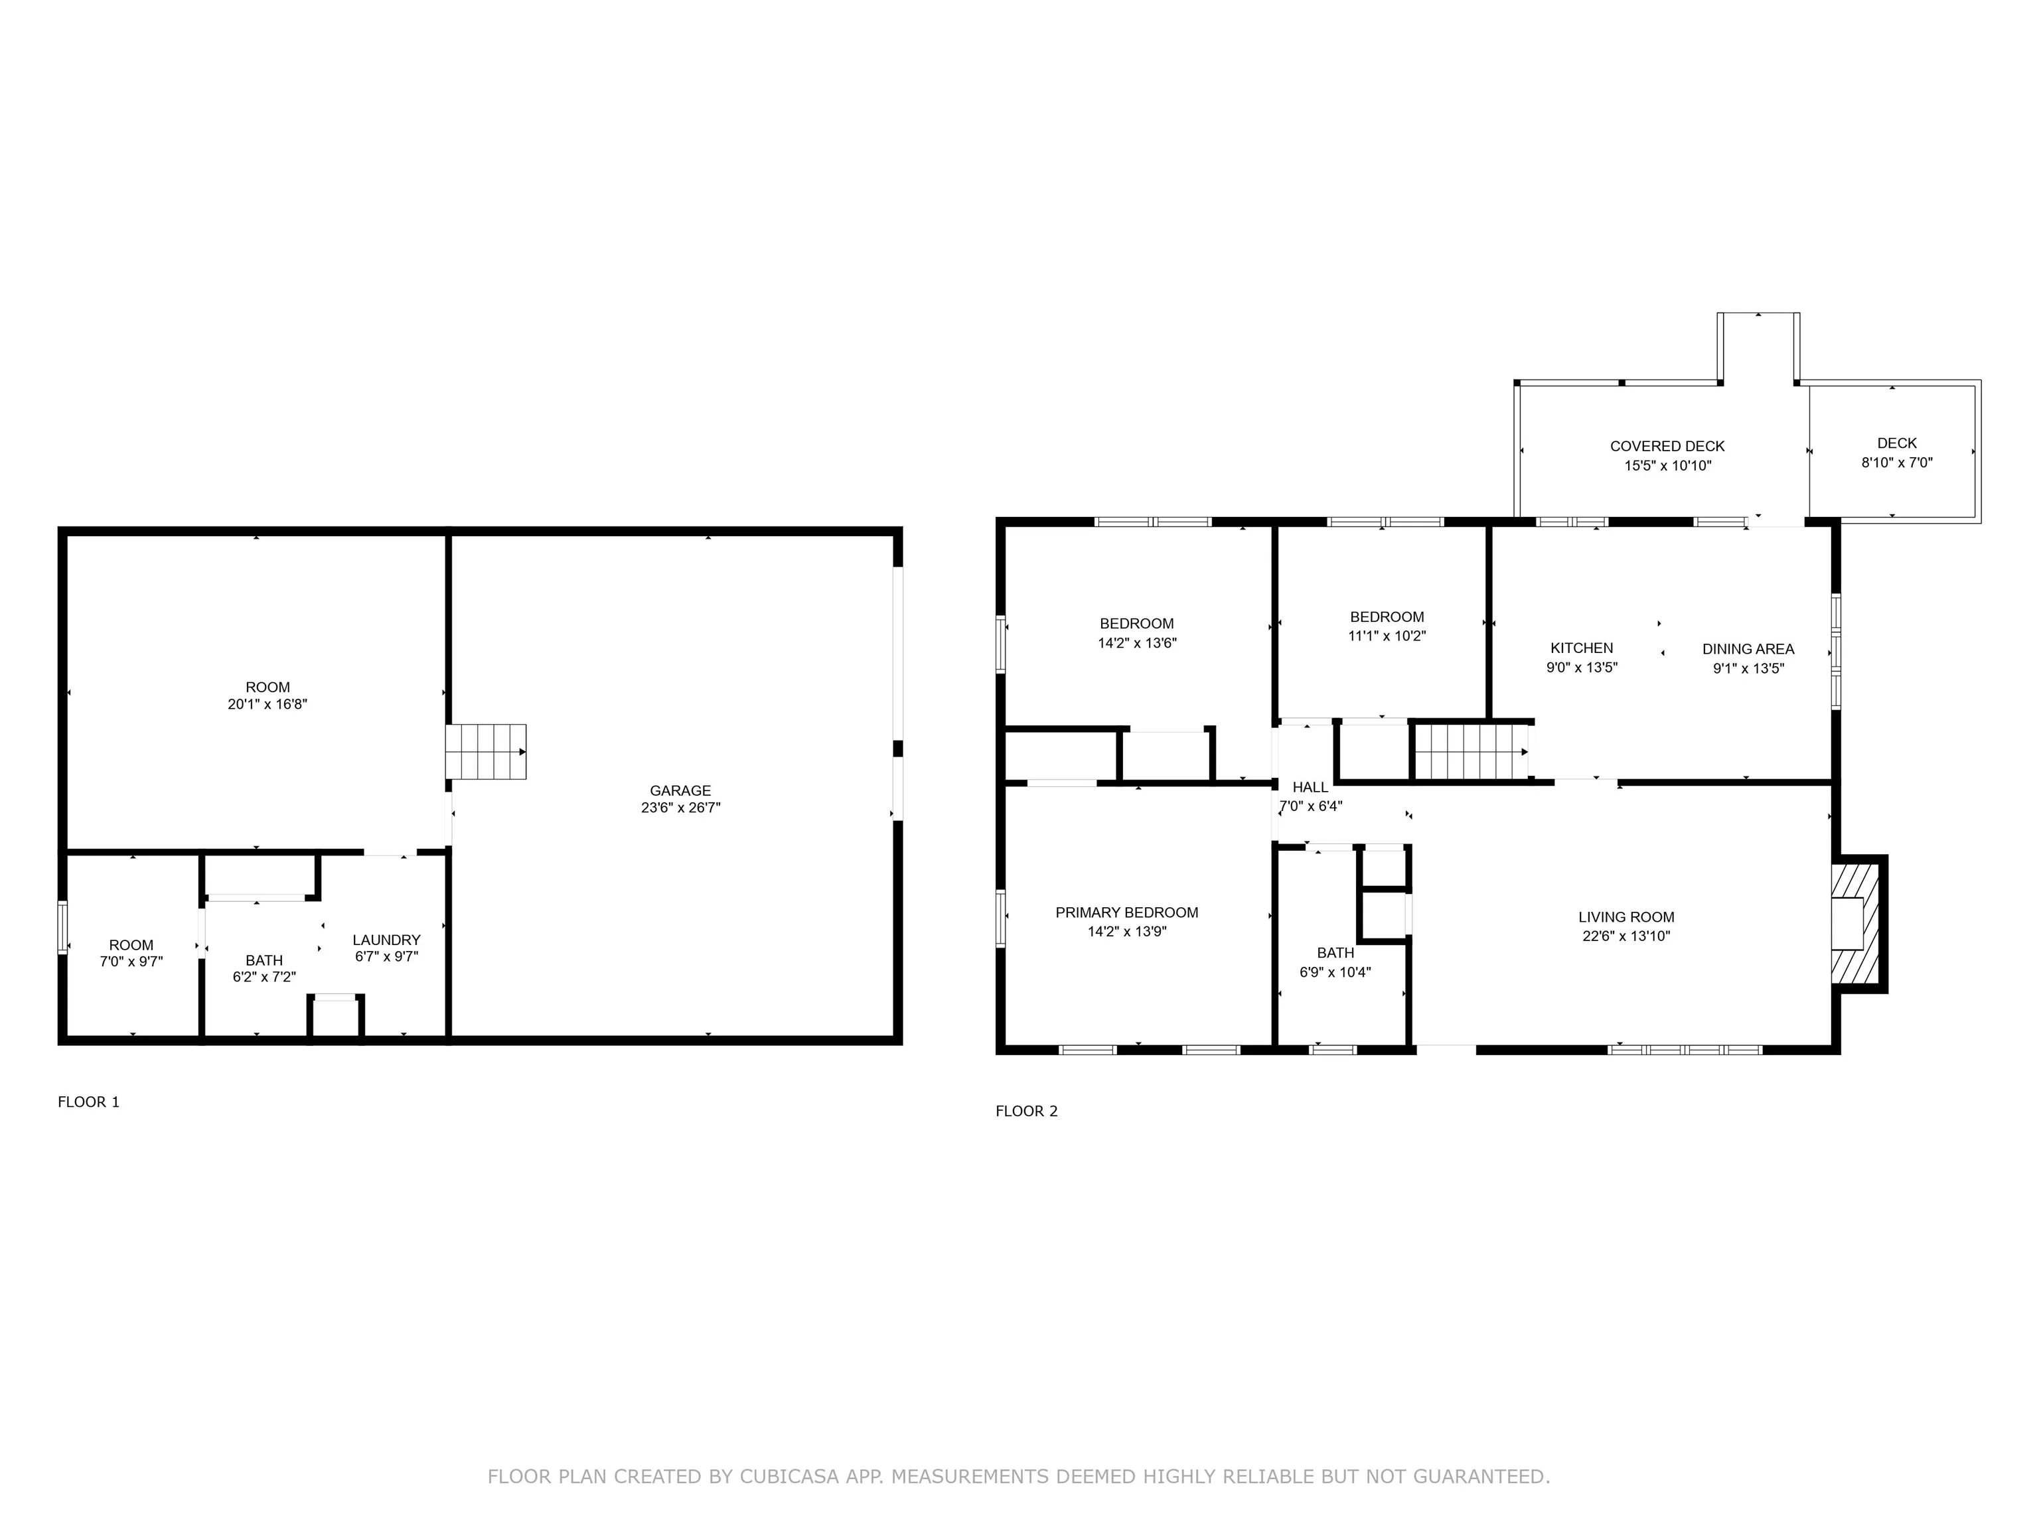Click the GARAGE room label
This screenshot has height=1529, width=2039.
pos(680,791)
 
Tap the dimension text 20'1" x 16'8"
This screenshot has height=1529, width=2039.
pos(267,704)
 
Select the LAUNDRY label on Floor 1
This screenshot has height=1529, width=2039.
pos(386,940)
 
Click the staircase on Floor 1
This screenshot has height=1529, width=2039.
pos(486,751)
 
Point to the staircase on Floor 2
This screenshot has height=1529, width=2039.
pos(1472,751)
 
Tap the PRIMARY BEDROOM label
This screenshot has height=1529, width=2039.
pos(1126,912)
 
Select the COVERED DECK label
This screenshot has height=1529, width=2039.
pos(1667,446)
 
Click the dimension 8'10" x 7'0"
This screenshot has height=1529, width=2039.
pos(1897,463)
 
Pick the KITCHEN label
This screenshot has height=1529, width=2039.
pos(1582,648)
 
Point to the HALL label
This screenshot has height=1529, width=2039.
pos(1310,787)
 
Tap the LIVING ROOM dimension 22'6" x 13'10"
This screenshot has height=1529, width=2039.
pos(1626,936)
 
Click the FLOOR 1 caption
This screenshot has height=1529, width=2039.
pos(88,1102)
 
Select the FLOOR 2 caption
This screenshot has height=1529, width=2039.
pos(1027,1110)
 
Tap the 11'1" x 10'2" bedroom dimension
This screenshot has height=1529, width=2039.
pos(1387,636)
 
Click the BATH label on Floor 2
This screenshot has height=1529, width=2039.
pos(1335,953)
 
